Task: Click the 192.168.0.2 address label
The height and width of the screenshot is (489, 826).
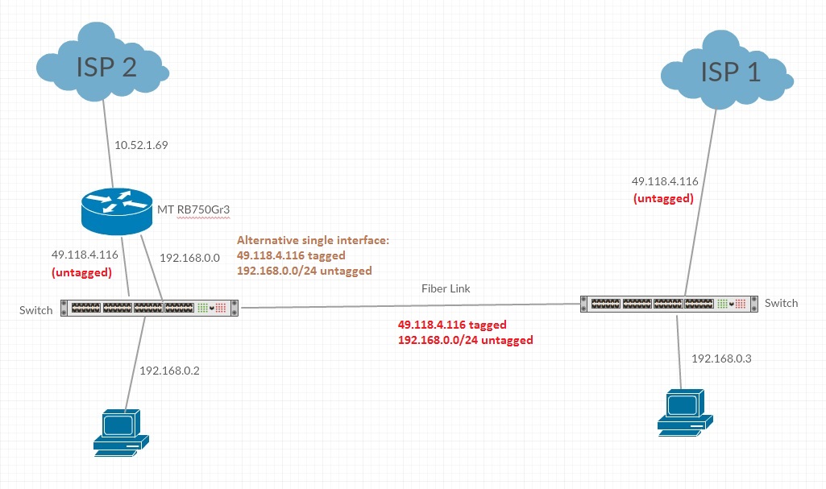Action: [169, 371]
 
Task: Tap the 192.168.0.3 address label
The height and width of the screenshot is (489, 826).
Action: [721, 358]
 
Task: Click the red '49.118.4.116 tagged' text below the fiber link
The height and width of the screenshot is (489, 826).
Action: [452, 325]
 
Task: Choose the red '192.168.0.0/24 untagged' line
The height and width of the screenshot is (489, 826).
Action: [466, 340]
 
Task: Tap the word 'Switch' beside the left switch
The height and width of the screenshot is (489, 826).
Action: [36, 310]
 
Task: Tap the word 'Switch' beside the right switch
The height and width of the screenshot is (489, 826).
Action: [781, 303]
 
